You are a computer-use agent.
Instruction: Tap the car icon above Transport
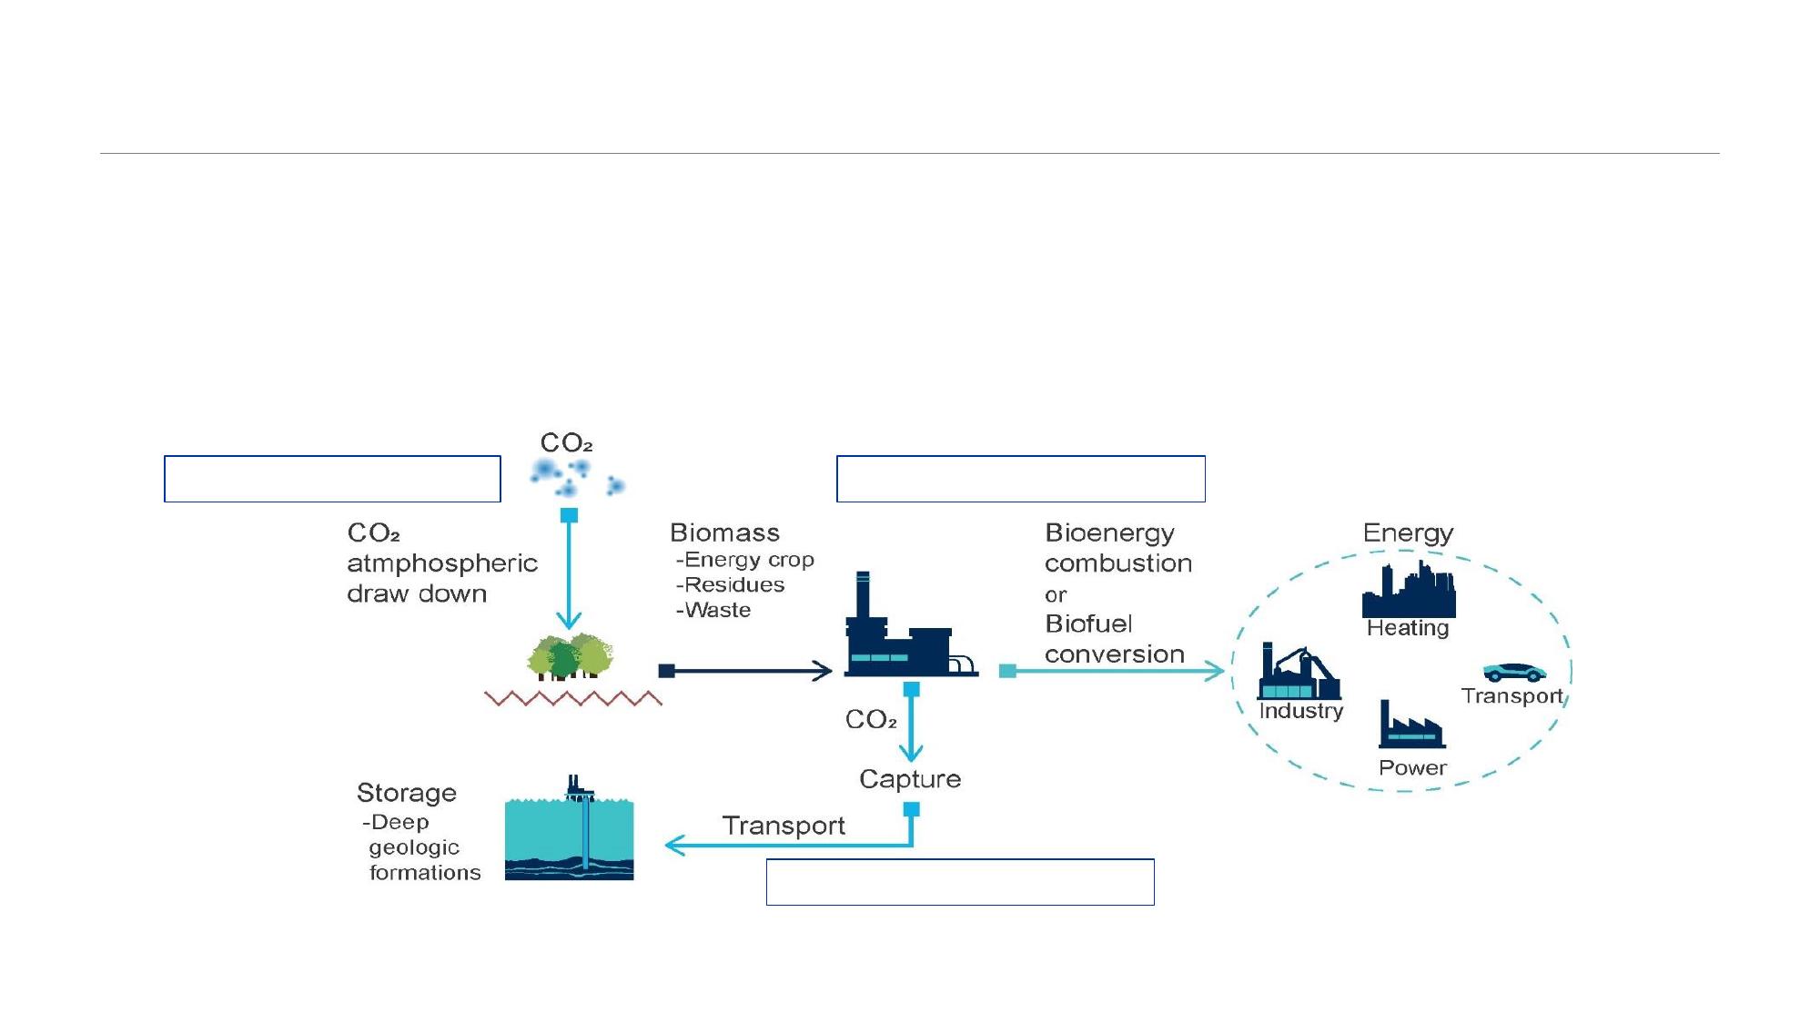tap(1514, 673)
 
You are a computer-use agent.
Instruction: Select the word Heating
tap(1408, 628)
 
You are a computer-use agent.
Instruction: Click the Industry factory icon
tap(1299, 673)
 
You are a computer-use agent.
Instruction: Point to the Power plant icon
tap(1411, 725)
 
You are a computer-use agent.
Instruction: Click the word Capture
tap(910, 779)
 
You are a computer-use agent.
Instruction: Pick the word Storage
tap(406, 793)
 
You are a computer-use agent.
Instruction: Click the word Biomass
tap(724, 532)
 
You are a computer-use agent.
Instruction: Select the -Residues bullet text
tap(731, 584)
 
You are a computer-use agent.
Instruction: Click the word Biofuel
tap(1088, 624)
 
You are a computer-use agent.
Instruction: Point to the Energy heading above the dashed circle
tap(1408, 532)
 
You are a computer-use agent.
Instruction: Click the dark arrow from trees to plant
tap(746, 672)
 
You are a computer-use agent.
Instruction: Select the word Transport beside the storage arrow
tap(784, 826)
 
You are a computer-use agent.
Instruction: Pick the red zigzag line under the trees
tap(573, 699)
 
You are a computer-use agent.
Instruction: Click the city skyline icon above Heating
tap(1409, 591)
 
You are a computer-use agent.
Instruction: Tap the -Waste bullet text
tap(714, 610)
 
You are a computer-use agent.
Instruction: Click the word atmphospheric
tap(442, 563)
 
